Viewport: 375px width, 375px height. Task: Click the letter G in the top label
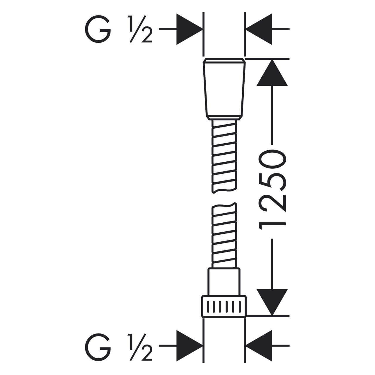tap(98, 29)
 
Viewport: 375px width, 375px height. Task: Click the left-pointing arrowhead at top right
tap(259, 29)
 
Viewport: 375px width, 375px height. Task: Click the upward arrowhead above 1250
tap(272, 73)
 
